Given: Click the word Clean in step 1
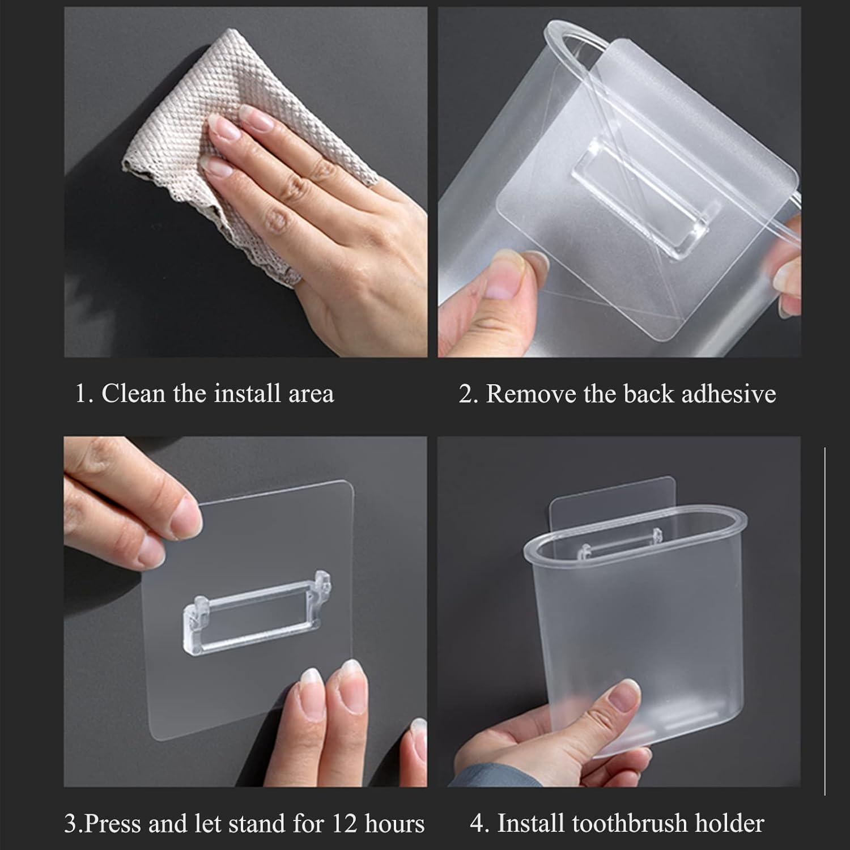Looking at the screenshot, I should (134, 393).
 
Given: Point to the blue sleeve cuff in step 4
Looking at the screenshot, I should (476, 776).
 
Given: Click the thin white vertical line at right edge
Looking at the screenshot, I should (824, 623).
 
